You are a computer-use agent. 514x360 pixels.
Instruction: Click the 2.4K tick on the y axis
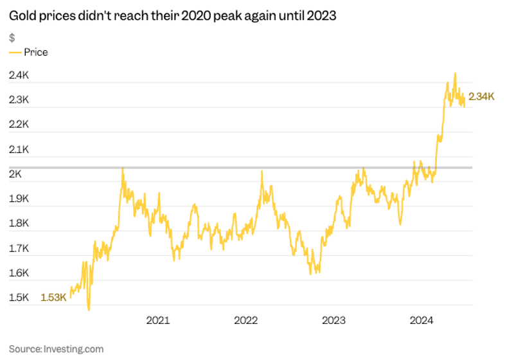(x=19, y=75)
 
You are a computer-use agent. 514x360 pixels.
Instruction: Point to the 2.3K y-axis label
(x=19, y=100)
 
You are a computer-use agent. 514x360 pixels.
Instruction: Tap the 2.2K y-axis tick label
(x=19, y=124)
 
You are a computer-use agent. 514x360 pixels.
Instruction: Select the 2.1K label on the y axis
(x=19, y=149)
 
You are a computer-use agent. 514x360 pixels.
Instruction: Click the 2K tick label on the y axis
(x=15, y=174)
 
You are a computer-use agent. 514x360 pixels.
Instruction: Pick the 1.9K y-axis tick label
(x=19, y=199)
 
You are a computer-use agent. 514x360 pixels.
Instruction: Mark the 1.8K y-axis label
(x=19, y=223)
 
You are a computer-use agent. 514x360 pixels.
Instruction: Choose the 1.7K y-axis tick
(x=19, y=248)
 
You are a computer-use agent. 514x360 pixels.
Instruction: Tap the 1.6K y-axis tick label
(x=19, y=273)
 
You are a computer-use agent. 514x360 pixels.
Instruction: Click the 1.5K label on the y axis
(x=19, y=298)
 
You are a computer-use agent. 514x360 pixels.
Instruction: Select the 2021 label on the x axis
(x=157, y=320)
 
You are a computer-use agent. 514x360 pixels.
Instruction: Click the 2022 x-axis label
(x=245, y=320)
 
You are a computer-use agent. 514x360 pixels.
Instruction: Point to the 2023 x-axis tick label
(x=334, y=320)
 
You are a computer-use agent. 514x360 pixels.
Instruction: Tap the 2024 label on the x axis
(x=422, y=320)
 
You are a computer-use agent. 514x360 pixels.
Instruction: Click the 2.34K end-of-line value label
(x=482, y=97)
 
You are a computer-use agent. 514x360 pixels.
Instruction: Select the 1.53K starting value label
(x=53, y=298)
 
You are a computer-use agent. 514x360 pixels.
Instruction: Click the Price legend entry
(x=35, y=52)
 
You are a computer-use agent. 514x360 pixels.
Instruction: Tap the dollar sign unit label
(x=12, y=37)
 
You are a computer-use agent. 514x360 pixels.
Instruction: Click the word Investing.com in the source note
(x=73, y=349)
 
